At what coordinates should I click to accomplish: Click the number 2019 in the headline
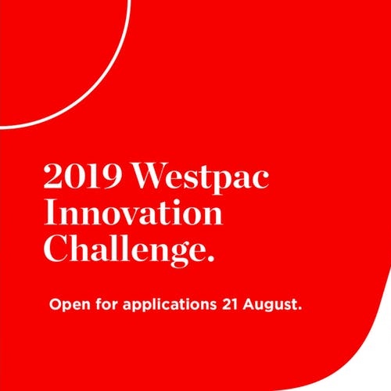pos(83,175)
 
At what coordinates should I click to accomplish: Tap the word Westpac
pos(201,178)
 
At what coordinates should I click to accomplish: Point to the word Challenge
pos(125,250)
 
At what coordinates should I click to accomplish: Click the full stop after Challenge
pos(211,259)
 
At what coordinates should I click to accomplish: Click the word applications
pos(170,304)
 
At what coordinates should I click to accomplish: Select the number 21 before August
pos(230,304)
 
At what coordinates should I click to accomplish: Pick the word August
pos(270,304)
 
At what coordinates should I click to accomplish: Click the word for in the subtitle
pos(106,304)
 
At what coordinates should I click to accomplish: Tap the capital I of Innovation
pos(50,212)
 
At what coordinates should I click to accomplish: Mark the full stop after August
pos(300,308)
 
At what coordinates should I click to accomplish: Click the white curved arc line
pos(93,92)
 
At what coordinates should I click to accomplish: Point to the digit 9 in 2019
pos(112,176)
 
